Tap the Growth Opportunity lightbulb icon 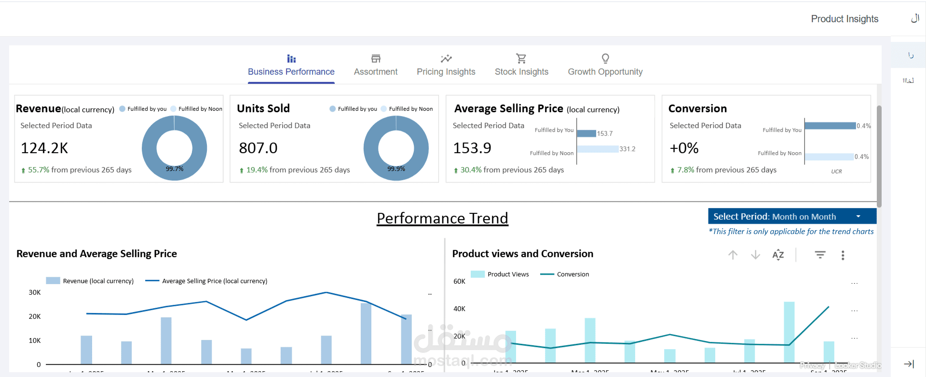tap(605, 59)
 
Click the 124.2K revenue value tap(44, 148)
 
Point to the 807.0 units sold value tap(258, 148)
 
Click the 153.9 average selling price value tap(472, 148)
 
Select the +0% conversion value tap(684, 148)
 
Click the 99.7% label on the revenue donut tap(175, 169)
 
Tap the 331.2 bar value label tap(627, 149)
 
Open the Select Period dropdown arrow tap(858, 217)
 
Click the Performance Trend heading tap(442, 219)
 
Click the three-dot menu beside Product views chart tap(843, 255)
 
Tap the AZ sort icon tap(778, 255)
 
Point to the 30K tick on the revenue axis tap(35, 293)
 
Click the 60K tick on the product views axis tap(459, 282)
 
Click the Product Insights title tap(844, 19)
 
